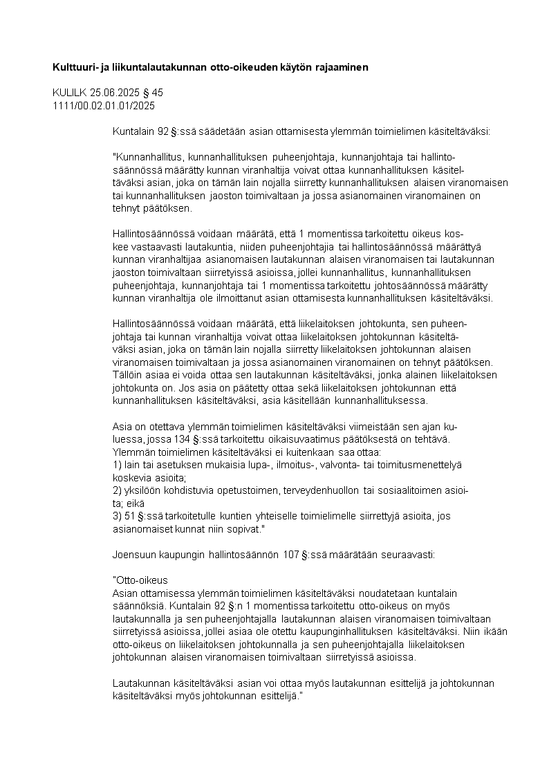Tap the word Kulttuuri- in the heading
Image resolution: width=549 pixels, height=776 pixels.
click(75, 68)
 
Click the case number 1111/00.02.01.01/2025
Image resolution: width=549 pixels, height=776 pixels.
click(104, 105)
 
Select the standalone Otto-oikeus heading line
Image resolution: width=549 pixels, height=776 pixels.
click(140, 581)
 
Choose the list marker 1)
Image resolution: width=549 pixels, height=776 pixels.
click(117, 464)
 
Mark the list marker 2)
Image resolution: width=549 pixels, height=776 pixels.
click(117, 490)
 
